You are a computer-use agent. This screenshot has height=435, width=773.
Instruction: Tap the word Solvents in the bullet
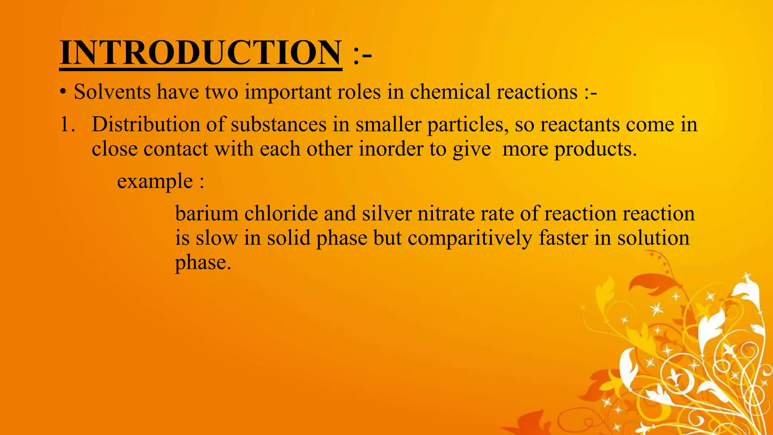112,92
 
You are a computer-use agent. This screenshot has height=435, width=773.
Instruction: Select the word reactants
580,125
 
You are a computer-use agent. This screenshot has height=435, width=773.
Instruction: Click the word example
155,181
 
